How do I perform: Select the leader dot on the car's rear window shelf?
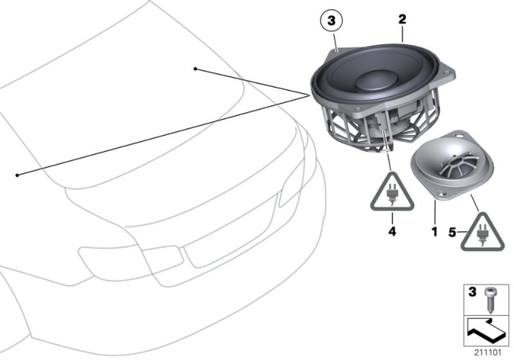195,69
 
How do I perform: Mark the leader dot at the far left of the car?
17,174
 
